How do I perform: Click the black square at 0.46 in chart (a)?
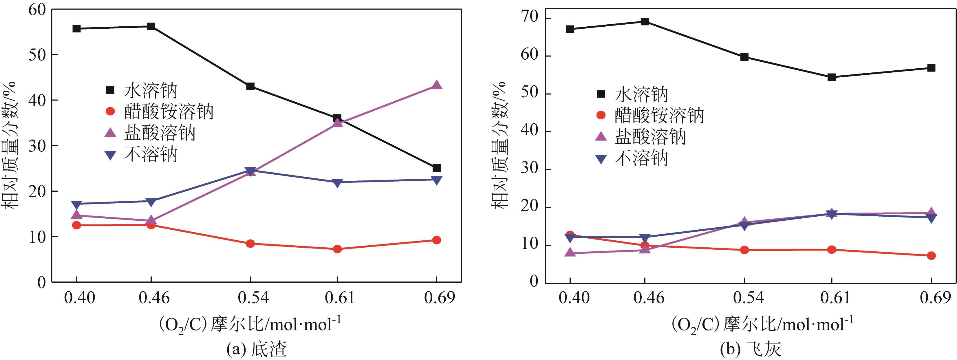[x=151, y=26]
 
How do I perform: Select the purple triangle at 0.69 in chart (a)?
[x=437, y=85]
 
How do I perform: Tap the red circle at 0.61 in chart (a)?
[x=337, y=249]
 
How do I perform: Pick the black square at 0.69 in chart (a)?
[x=437, y=168]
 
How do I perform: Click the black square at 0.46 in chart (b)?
[x=645, y=21]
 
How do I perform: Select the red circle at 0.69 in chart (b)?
[x=931, y=256]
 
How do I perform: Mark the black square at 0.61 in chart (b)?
[x=831, y=77]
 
